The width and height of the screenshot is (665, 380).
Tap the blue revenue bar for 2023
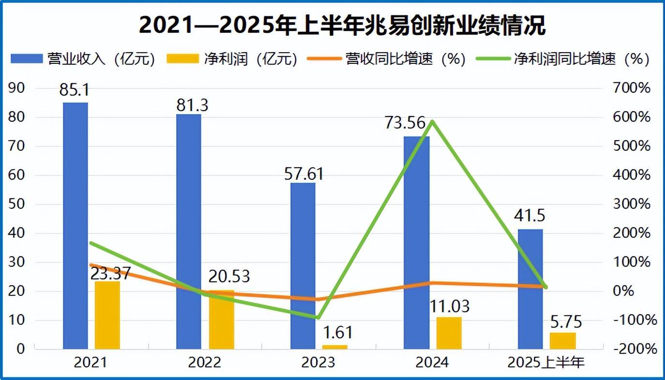(x=302, y=266)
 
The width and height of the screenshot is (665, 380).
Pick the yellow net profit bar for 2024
(x=449, y=333)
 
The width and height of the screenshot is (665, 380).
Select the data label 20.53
(x=229, y=276)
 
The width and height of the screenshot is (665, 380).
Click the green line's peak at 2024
(x=432, y=121)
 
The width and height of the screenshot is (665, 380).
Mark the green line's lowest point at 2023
(x=318, y=318)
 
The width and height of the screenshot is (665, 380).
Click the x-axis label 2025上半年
(x=546, y=363)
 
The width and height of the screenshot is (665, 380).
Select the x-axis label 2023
(x=317, y=363)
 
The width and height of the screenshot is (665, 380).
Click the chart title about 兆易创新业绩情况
(x=342, y=25)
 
